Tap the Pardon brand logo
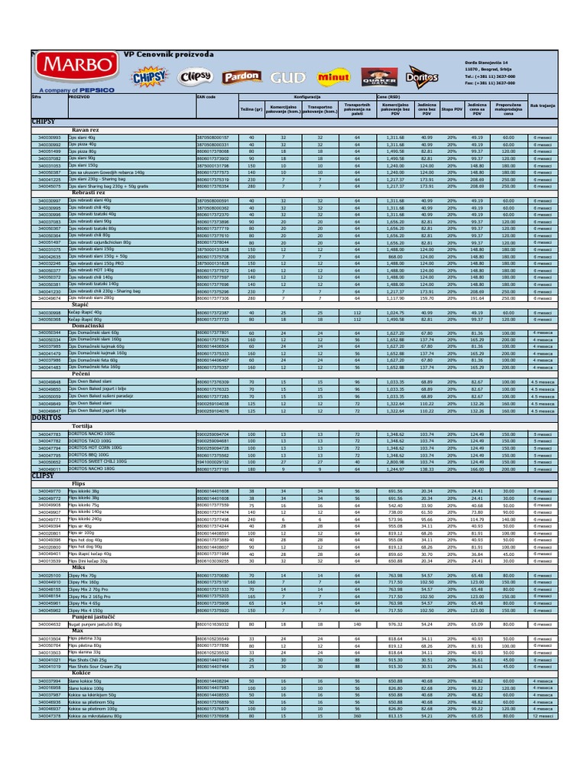[242, 76]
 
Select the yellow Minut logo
[334, 77]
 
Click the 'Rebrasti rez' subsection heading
[89, 193]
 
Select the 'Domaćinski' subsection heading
[89, 327]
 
